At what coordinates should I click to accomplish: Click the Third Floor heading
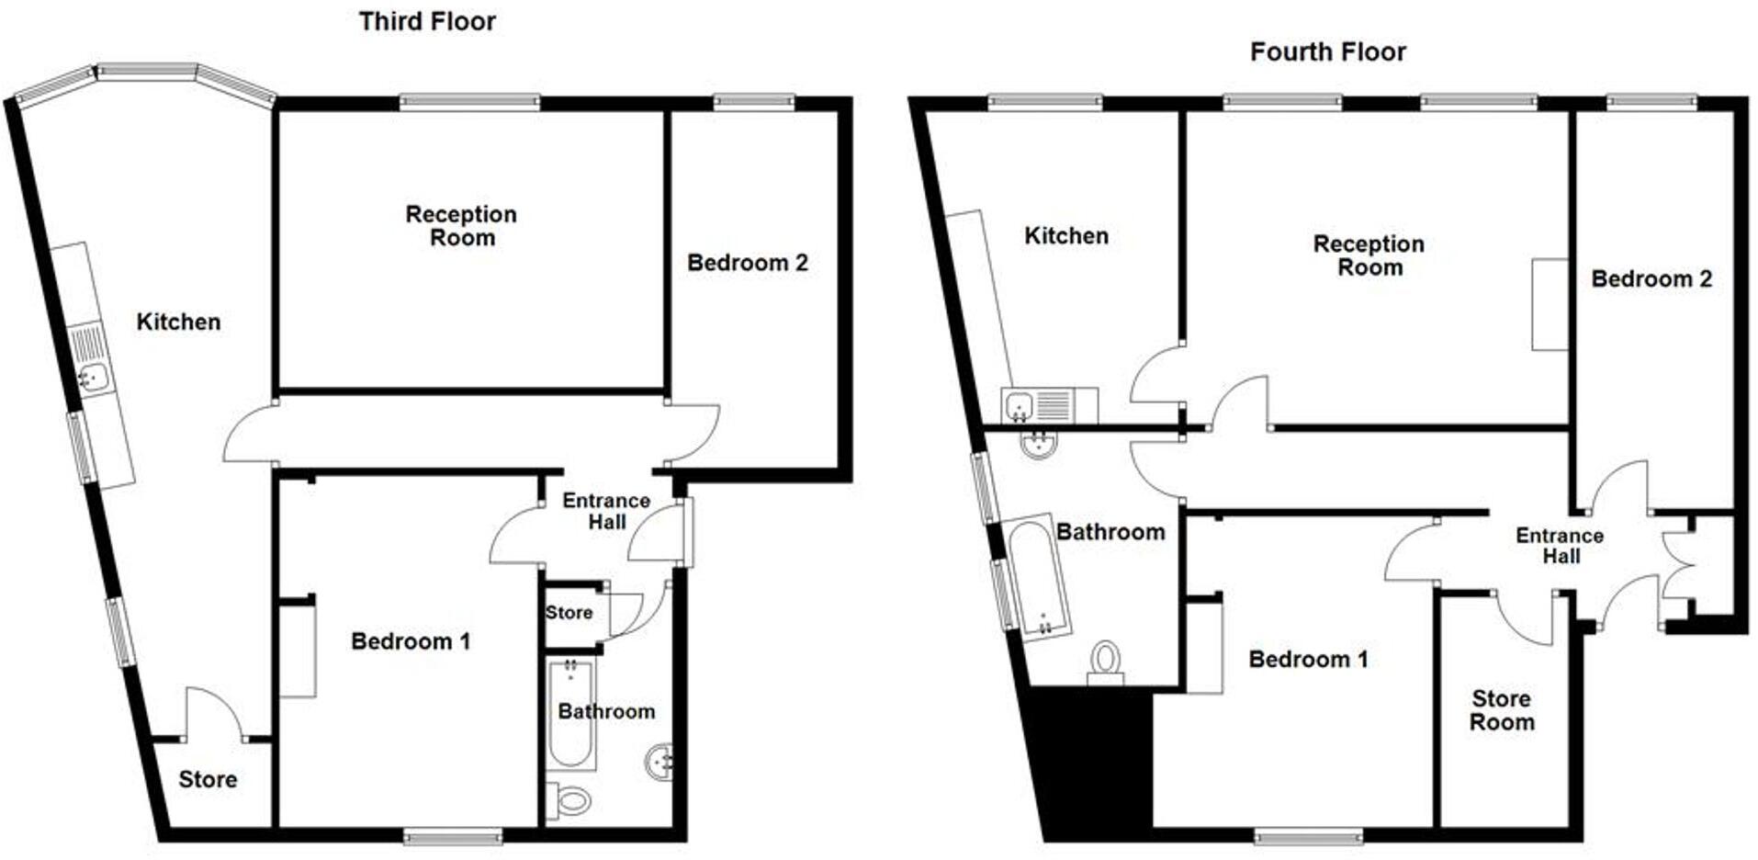pyautogui.click(x=427, y=21)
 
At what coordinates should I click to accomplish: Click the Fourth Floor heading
pyautogui.click(x=1327, y=51)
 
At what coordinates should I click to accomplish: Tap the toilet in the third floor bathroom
pyautogui.click(x=571, y=801)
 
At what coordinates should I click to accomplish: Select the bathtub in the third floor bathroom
pyautogui.click(x=570, y=713)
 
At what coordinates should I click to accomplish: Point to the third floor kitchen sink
pyautogui.click(x=93, y=377)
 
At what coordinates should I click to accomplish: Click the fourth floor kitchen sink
pyautogui.click(x=1020, y=405)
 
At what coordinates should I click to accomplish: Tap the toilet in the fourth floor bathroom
pyautogui.click(x=1106, y=662)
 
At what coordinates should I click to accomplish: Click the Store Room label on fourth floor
pyautogui.click(x=1502, y=710)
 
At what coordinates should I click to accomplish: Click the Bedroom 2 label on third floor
pyautogui.click(x=747, y=263)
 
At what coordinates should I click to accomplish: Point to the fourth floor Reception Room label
pyautogui.click(x=1369, y=255)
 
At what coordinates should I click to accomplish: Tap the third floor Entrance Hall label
pyautogui.click(x=606, y=511)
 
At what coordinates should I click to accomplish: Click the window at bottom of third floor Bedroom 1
pyautogui.click(x=453, y=835)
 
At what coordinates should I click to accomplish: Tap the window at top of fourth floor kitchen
pyautogui.click(x=1044, y=102)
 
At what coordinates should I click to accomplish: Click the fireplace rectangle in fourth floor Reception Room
pyautogui.click(x=1549, y=304)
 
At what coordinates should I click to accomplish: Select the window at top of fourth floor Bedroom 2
pyautogui.click(x=1651, y=102)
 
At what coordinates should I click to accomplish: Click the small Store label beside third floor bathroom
pyautogui.click(x=569, y=613)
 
